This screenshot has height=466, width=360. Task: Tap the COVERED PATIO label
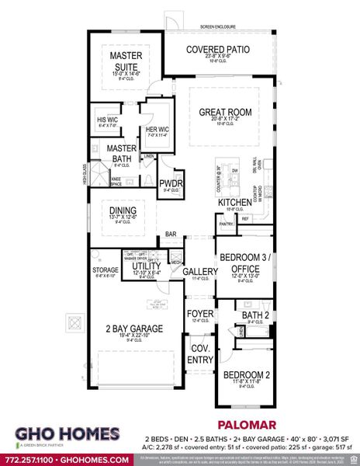pyautogui.click(x=218, y=50)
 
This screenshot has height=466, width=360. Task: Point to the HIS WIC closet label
pyautogui.click(x=107, y=120)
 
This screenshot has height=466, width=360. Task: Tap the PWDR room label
pyautogui.click(x=170, y=183)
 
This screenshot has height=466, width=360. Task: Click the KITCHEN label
pyautogui.click(x=234, y=202)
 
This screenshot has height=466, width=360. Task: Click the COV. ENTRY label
pyautogui.click(x=201, y=353)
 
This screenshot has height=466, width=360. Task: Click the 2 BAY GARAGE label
pyautogui.click(x=134, y=329)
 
